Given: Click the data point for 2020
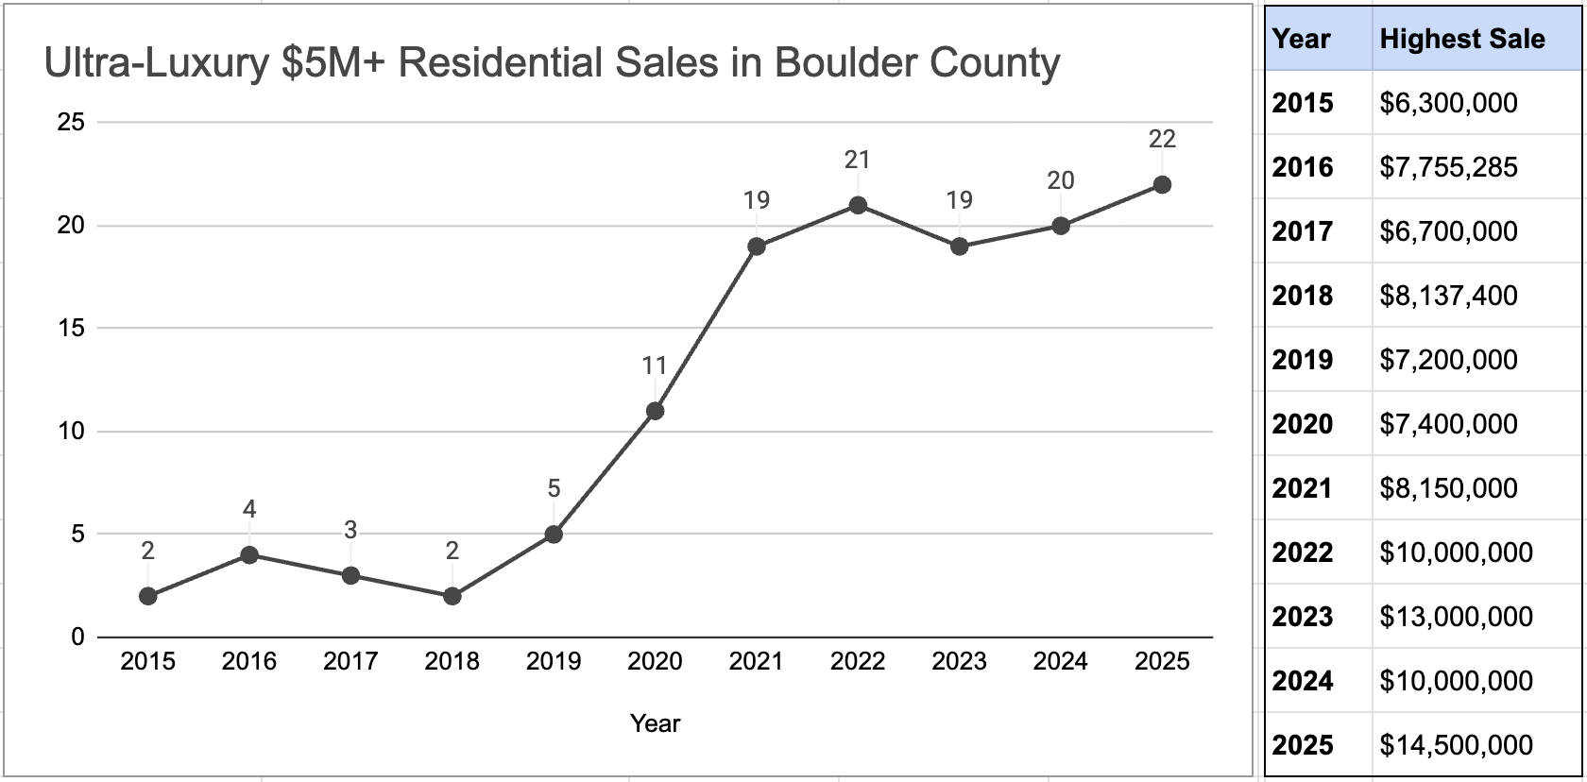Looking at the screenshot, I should click(655, 411).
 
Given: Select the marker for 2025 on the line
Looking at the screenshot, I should click(1162, 185).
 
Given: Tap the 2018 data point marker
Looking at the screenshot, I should click(452, 596).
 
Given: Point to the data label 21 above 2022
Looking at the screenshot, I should click(857, 161).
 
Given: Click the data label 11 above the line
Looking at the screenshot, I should click(655, 365).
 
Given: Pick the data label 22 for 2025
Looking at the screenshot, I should click(1162, 140).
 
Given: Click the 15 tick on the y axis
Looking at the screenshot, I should click(71, 329).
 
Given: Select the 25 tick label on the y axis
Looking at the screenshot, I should click(71, 123).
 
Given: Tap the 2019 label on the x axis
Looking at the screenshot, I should click(554, 662).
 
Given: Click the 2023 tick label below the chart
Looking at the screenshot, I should click(959, 662).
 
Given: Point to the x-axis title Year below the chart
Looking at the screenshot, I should click(655, 723).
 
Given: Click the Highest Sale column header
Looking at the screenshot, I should click(1462, 40).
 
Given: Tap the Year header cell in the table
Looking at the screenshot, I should click(1301, 40).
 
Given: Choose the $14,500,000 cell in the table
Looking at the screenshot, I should click(1456, 745).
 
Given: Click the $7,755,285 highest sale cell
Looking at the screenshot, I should click(1448, 167).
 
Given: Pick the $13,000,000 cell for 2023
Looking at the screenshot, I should click(1456, 617).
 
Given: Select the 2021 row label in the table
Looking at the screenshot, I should click(1302, 488).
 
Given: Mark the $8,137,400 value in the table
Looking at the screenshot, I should click(1448, 296).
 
